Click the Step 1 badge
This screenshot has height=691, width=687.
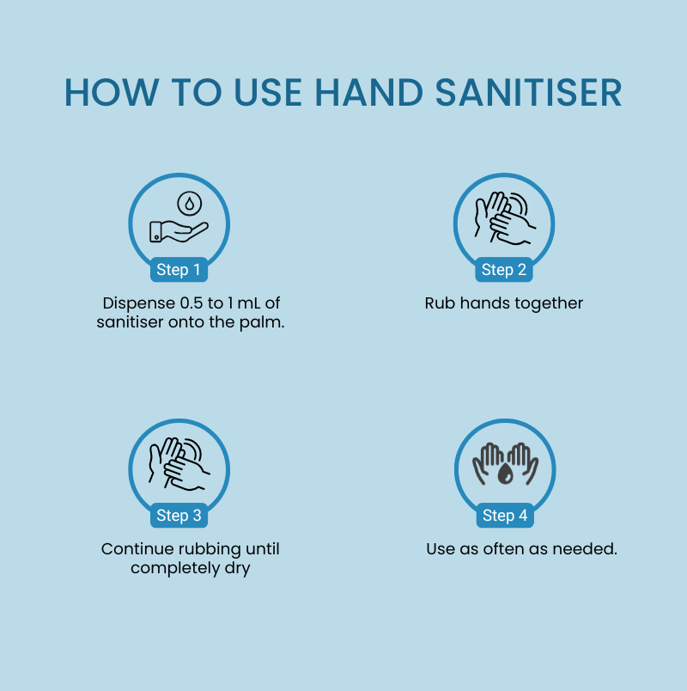point(179,270)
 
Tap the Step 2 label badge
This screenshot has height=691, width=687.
point(504,270)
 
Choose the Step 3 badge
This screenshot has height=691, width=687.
point(179,516)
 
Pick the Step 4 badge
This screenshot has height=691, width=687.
point(504,516)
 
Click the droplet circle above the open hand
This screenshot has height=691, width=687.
point(189,204)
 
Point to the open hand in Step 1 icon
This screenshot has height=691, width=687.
point(178,230)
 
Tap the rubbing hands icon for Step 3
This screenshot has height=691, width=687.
point(179,463)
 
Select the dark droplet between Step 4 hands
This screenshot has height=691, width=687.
point(505,473)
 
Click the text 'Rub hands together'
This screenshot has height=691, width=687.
point(504,303)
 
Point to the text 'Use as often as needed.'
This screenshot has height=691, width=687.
point(521,548)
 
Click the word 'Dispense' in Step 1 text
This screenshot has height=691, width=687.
point(132,303)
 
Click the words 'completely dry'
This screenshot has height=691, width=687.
point(190,568)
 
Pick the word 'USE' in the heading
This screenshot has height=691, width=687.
point(262,93)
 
